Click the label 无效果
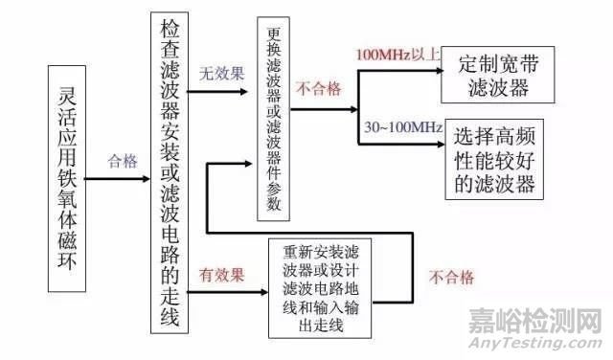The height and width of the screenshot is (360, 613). click(219, 72)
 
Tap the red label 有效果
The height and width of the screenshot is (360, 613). click(219, 274)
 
